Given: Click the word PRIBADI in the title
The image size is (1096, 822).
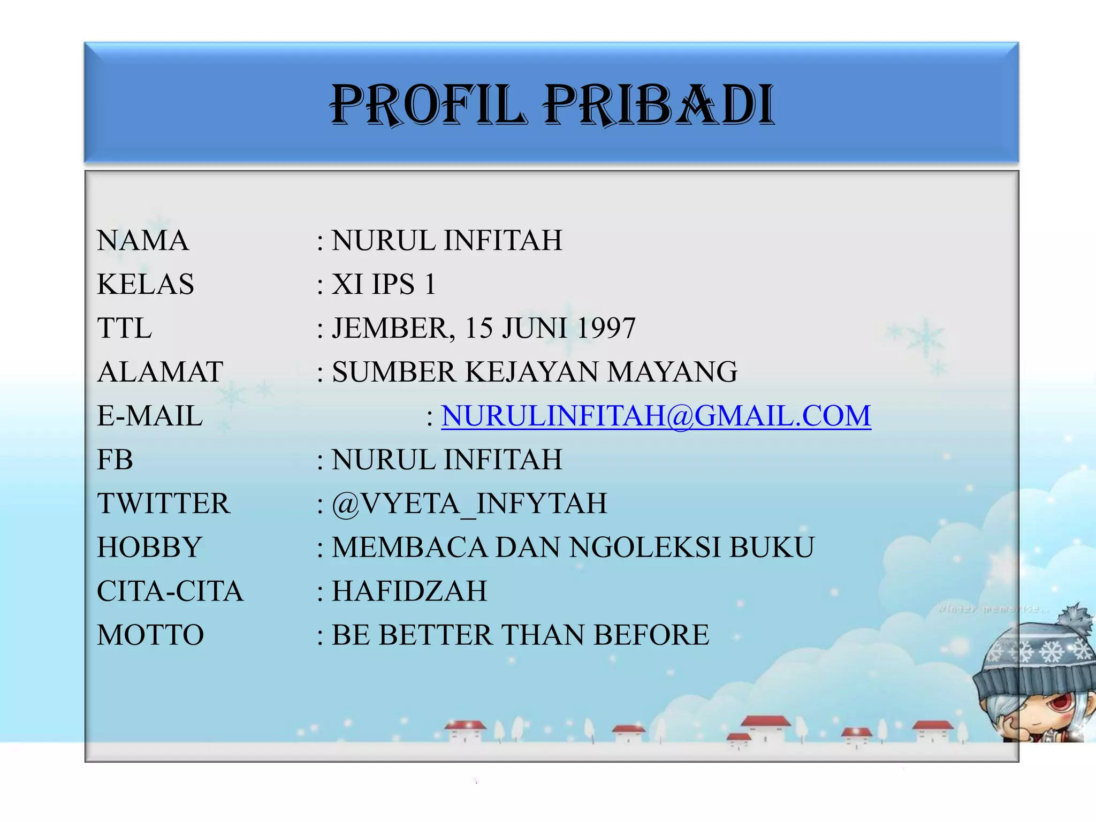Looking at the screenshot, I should (659, 105).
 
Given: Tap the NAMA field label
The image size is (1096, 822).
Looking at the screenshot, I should (143, 240).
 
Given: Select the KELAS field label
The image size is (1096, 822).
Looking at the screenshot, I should (146, 284).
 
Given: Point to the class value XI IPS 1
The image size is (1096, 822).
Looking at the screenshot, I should (384, 284).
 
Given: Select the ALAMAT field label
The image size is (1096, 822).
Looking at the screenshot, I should (160, 372).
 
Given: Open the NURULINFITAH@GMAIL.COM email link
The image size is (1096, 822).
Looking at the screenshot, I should (656, 416).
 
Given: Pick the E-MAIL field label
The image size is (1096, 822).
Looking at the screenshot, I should (150, 416).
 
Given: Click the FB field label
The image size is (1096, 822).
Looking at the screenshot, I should (115, 460).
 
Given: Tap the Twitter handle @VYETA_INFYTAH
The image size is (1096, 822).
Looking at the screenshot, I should (469, 504).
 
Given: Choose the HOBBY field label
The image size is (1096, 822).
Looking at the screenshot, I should (149, 547).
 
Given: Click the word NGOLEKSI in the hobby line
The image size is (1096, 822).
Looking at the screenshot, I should (644, 547).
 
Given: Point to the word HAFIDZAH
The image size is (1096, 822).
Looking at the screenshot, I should (409, 591).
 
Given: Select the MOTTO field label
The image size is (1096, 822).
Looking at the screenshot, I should (150, 635).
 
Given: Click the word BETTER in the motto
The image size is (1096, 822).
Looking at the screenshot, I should (436, 635).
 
